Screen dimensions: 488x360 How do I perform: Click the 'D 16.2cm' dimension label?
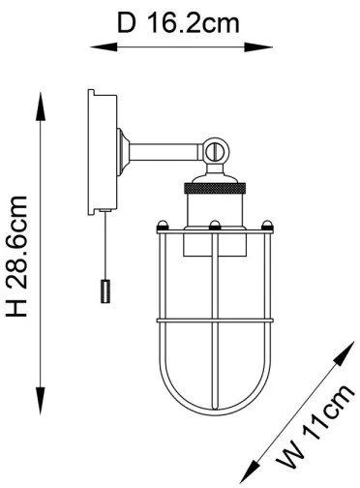178,21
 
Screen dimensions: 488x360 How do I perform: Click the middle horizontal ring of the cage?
213,320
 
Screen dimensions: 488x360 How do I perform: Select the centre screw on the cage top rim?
213,226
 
